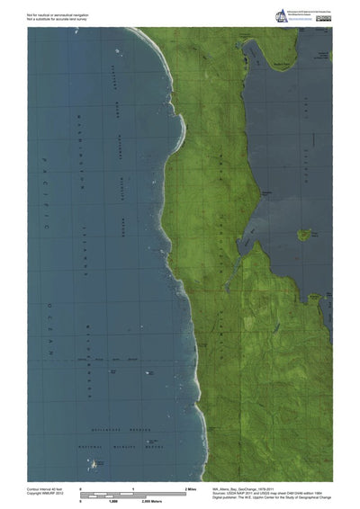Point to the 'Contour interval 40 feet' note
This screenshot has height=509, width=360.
[x=46, y=487]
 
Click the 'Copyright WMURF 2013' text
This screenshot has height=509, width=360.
[x=45, y=494]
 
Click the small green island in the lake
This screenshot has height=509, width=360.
[x=305, y=235]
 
